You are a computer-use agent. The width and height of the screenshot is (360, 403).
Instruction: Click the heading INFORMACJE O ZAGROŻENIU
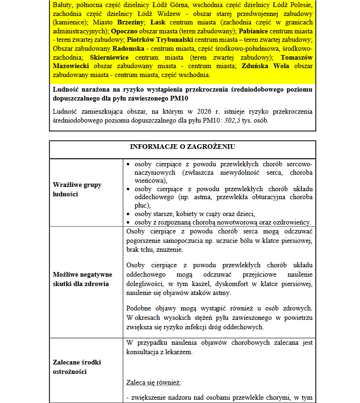click(182, 147)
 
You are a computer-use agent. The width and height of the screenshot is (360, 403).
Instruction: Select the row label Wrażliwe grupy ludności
click(77, 189)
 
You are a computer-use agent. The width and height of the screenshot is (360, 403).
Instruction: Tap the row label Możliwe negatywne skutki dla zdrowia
click(82, 279)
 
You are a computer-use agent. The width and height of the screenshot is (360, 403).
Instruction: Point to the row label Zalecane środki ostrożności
click(77, 367)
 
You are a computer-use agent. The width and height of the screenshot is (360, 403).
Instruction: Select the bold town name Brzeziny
click(130, 22)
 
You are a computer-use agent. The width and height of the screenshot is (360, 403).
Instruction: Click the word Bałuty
click(62, 5)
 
